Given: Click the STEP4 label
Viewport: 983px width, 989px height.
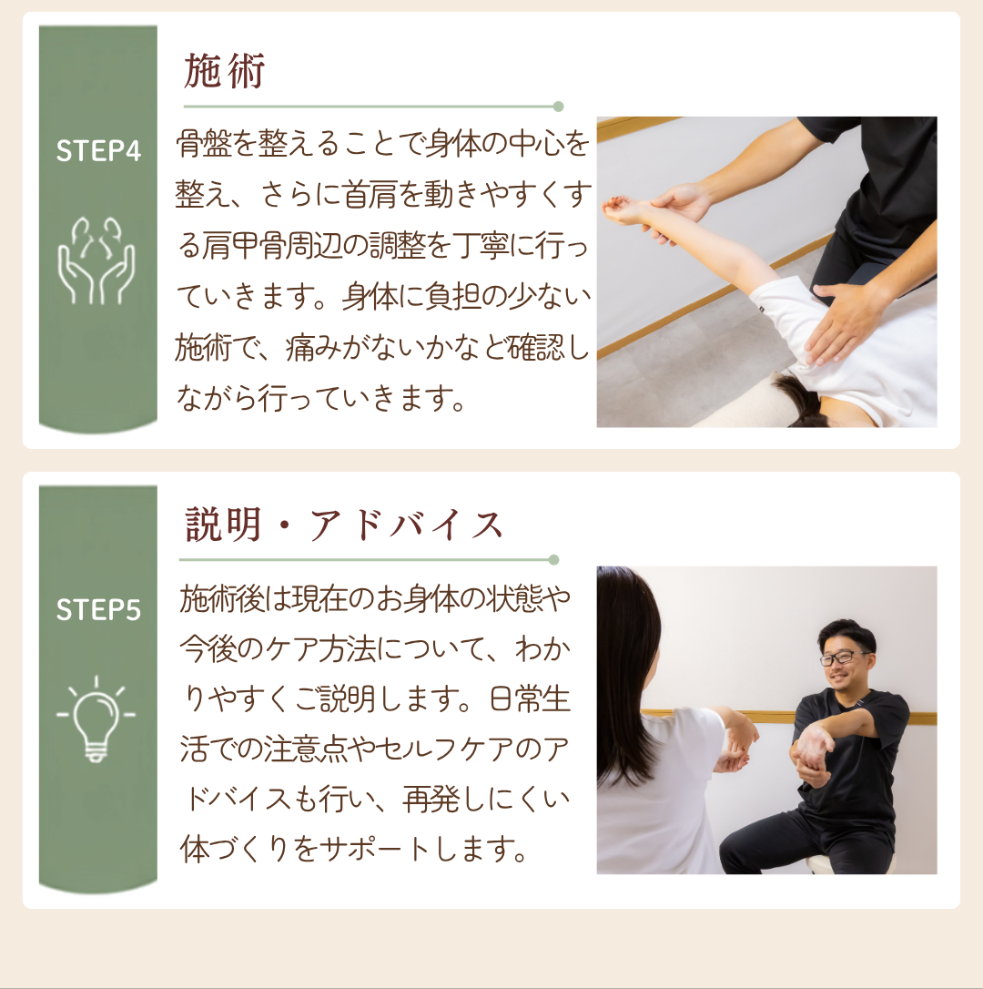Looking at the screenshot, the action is pos(98,151).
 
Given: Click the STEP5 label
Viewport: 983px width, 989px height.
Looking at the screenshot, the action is pos(98,610).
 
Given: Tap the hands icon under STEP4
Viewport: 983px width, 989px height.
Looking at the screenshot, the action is pos(96,260).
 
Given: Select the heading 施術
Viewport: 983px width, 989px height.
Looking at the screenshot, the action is pos(225,71).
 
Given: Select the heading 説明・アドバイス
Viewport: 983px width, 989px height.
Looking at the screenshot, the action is pos(344,525).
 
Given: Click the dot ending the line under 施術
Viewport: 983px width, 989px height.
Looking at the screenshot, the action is pos(558,107).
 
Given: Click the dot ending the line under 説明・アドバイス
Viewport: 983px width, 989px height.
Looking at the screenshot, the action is pos(553,559).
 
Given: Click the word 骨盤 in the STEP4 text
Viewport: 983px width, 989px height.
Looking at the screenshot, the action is pos(203,144).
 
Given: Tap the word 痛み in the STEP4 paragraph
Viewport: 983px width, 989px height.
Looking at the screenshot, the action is pos(313,348).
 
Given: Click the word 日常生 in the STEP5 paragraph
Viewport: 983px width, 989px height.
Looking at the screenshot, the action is pos(530,698).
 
